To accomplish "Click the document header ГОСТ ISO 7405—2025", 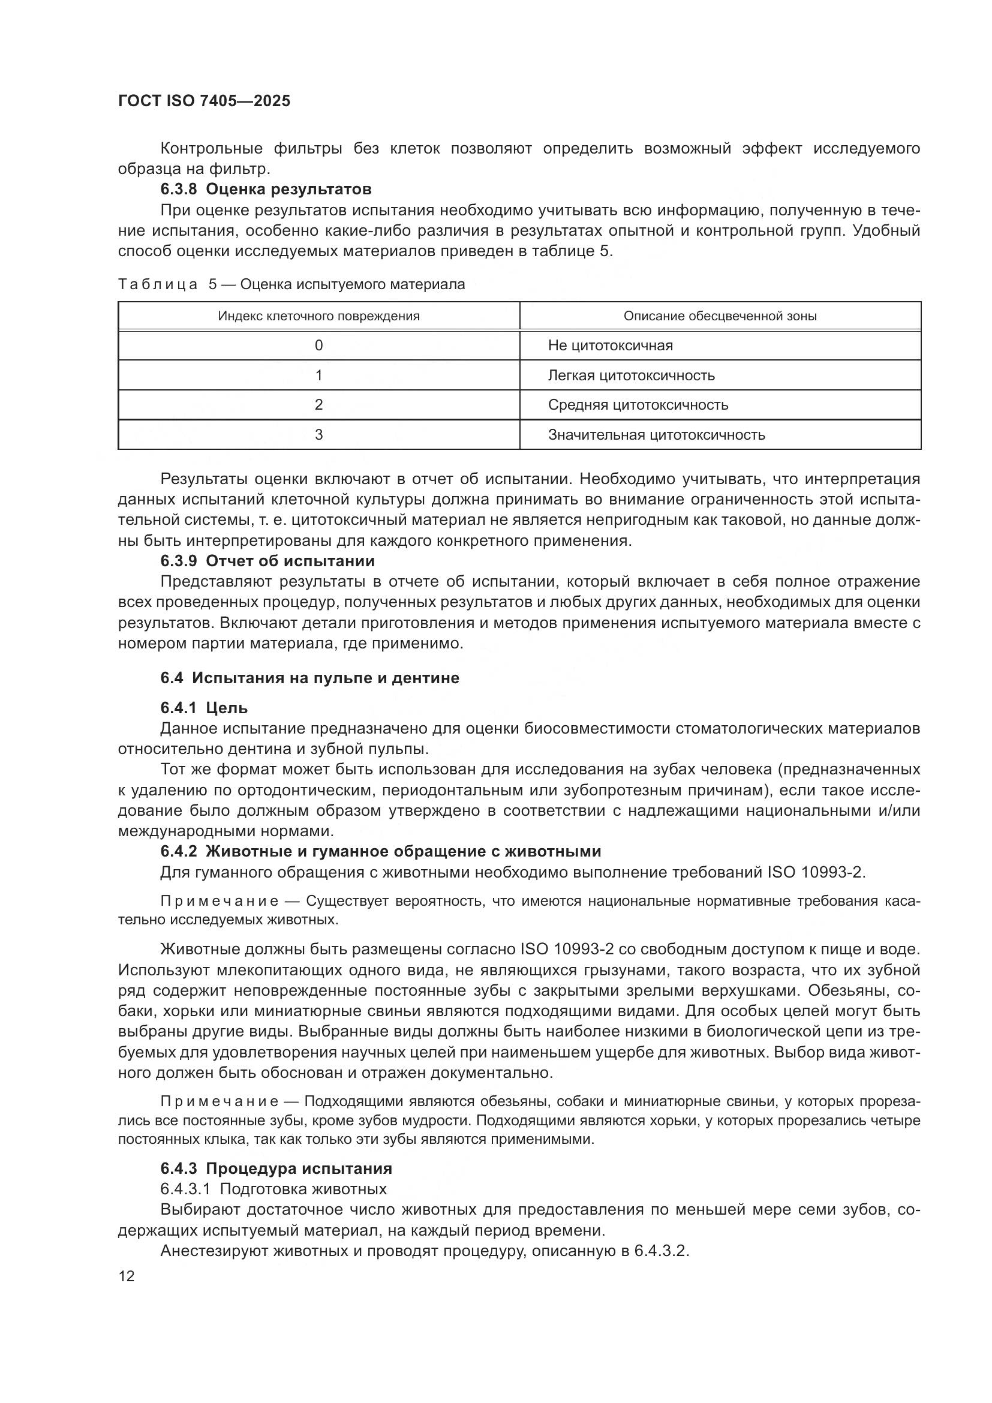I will click(204, 101).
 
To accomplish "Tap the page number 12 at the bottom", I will click(127, 1276).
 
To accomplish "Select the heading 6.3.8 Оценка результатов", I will click(266, 189).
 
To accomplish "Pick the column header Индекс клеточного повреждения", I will click(319, 316).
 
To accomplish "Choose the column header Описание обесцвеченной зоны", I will click(720, 316).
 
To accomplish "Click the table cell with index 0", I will click(319, 346).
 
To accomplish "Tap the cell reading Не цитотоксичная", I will click(610, 346).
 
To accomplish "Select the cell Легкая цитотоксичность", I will click(631, 375).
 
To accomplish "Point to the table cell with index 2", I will click(319, 404).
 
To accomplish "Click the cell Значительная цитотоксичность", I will click(656, 434).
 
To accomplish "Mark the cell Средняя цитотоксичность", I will click(638, 404).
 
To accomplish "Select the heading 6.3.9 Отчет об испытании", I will click(267, 560).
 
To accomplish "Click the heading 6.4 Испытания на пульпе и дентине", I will click(309, 678).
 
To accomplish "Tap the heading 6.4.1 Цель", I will click(204, 708).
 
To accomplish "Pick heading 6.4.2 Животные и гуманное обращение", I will click(381, 851).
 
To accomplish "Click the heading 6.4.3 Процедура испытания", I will click(276, 1168).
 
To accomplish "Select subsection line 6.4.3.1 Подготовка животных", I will click(273, 1188).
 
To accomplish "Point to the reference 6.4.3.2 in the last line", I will click(661, 1251).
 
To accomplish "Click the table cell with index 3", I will click(319, 434).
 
